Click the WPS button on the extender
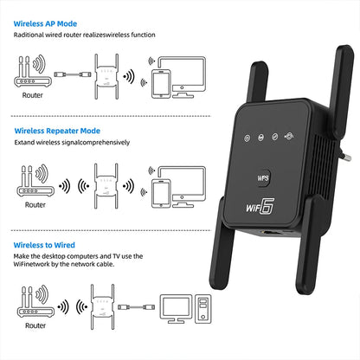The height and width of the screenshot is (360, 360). pyautogui.click(x=263, y=177)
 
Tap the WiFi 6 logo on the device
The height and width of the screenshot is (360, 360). pyautogui.click(x=260, y=207)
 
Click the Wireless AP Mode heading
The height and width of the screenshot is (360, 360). pyautogui.click(x=45, y=23)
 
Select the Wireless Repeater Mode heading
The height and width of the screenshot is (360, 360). pyautogui.click(x=57, y=131)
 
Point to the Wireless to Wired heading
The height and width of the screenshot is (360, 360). pyautogui.click(x=44, y=245)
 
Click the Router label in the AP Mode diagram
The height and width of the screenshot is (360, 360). pyautogui.click(x=32, y=95)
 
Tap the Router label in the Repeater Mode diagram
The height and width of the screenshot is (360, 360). pyautogui.click(x=35, y=204)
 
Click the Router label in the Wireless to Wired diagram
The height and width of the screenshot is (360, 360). pyautogui.click(x=35, y=325)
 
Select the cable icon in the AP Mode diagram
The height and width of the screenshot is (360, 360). pyautogui.click(x=73, y=74)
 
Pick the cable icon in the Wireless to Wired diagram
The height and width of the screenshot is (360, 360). pyautogui.click(x=136, y=307)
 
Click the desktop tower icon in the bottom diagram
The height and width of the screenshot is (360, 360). pyautogui.click(x=203, y=309)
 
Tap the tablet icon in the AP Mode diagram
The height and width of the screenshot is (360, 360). pyautogui.click(x=161, y=84)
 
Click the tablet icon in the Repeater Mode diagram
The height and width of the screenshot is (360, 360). pyautogui.click(x=161, y=193)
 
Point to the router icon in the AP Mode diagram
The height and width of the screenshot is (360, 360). pyautogui.click(x=32, y=72)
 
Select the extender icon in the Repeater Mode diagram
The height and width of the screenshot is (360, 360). pyautogui.click(x=106, y=186)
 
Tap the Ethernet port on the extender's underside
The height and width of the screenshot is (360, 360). pyautogui.click(x=270, y=233)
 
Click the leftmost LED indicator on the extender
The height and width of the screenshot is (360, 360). pyautogui.click(x=247, y=138)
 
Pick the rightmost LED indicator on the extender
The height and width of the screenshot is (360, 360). pyautogui.click(x=289, y=136)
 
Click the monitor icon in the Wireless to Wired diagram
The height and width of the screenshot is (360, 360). pyautogui.click(x=176, y=309)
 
